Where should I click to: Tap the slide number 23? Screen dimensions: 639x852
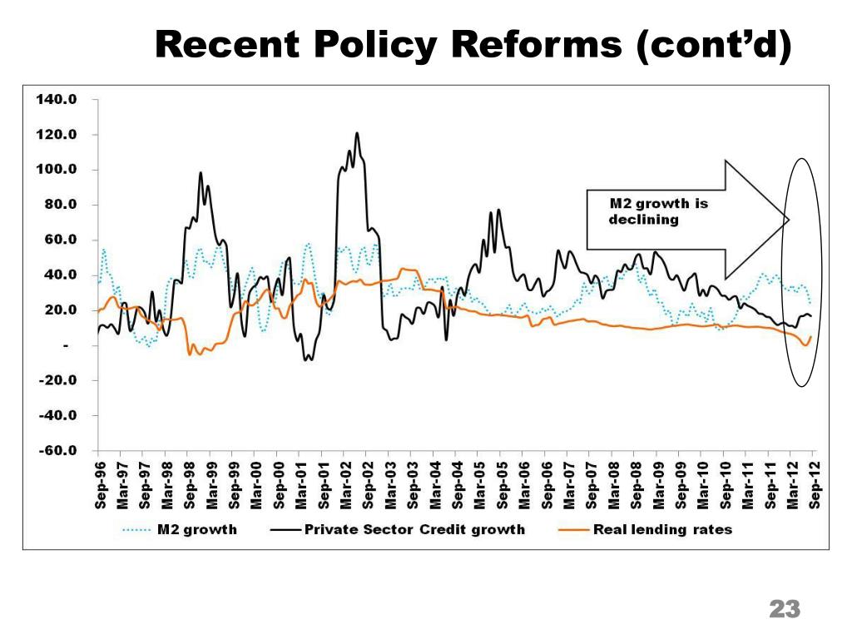pyautogui.click(x=785, y=609)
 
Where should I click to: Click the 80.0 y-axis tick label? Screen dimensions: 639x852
pyautogui.click(x=58, y=205)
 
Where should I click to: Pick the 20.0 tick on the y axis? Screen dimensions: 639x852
pyautogui.click(x=58, y=310)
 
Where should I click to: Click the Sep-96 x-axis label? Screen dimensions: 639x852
pyautogui.click(x=100, y=484)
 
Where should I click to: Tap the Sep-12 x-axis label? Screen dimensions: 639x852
pyautogui.click(x=815, y=484)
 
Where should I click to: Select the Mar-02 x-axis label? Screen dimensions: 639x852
pyautogui.click(x=345, y=484)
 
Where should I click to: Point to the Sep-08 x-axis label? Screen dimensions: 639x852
pyautogui.click(x=637, y=484)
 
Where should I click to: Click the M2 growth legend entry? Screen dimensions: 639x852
pyautogui.click(x=196, y=529)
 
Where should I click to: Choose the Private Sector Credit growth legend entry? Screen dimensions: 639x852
pyautogui.click(x=414, y=529)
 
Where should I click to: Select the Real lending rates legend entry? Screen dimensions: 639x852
pyautogui.click(x=662, y=529)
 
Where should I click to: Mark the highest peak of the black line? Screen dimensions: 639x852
pyautogui.click(x=357, y=133)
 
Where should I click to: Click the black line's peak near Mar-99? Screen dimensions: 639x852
pyautogui.click(x=201, y=173)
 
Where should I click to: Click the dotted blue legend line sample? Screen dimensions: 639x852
pyautogui.click(x=137, y=529)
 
